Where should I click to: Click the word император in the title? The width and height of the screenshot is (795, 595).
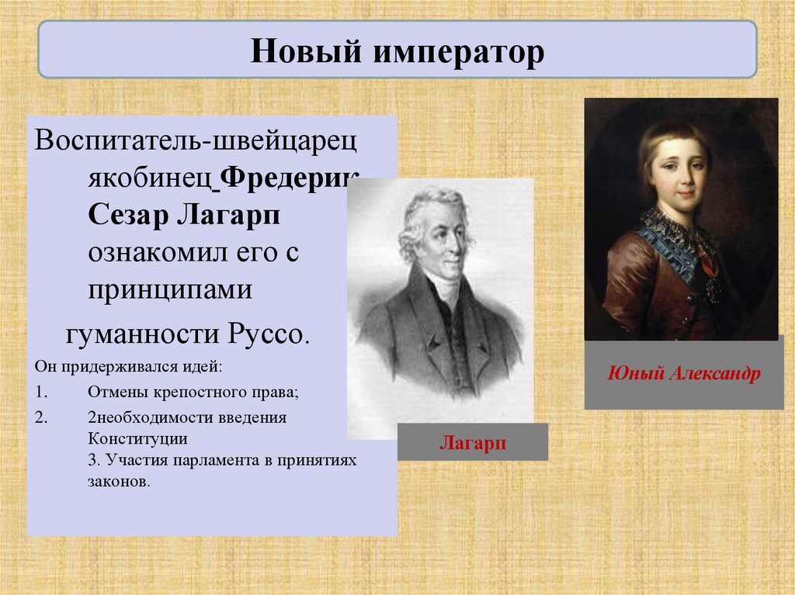pos(460,51)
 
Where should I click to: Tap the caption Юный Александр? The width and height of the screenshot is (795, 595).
pos(683,373)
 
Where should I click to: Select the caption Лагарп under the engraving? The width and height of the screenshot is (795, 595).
pos(473,442)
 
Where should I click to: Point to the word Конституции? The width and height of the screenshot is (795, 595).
pos(137,438)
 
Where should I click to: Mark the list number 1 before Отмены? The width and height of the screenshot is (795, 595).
pos(40,393)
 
